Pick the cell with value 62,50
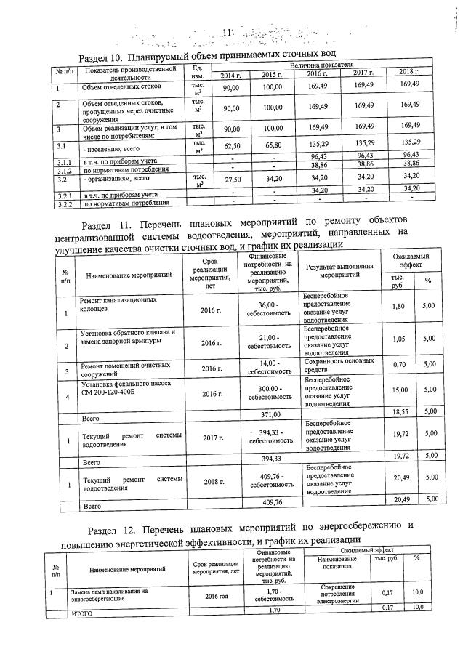(231, 146)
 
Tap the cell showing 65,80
(272, 145)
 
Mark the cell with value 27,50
(231, 179)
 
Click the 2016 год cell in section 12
(216, 596)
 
